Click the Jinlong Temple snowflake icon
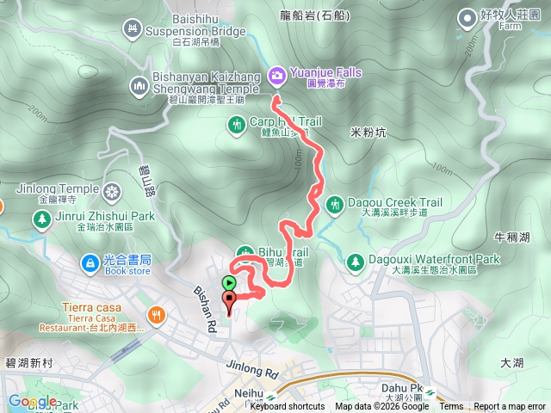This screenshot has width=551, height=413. [x=113, y=189]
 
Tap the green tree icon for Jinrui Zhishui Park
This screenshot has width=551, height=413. [x=40, y=219]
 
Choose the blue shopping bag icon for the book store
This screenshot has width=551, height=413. [x=89, y=262]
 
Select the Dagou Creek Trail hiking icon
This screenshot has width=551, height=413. [x=334, y=203]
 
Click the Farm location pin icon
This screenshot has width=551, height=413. [x=467, y=16]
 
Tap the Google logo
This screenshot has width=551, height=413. [x=32, y=401]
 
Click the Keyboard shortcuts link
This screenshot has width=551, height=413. [x=288, y=407]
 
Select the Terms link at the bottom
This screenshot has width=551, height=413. [x=451, y=407]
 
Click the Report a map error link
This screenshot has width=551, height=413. [x=510, y=407]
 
